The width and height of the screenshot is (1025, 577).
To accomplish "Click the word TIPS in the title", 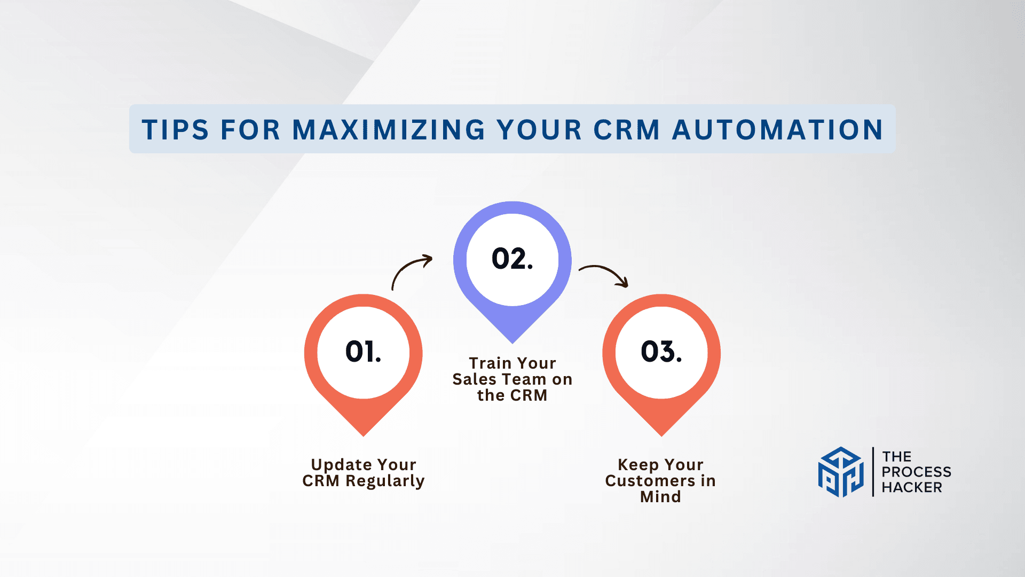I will click(175, 130).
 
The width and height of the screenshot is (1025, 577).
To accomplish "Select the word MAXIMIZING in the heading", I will click(389, 130).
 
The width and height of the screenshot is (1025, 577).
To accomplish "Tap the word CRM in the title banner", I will click(627, 130).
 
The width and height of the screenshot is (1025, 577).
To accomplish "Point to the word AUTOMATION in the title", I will click(777, 130).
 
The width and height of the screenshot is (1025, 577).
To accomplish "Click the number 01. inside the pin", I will click(363, 352).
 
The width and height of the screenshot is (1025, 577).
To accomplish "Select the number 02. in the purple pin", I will click(512, 259).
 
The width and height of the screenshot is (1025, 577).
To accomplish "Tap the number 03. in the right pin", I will click(661, 352).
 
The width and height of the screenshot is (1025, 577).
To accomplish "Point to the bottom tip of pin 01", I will click(363, 433).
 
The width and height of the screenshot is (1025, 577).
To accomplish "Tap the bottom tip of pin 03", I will click(661, 433).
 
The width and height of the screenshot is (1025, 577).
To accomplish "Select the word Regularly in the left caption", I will click(385, 481).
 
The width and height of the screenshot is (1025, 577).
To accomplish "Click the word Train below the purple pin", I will click(490, 363).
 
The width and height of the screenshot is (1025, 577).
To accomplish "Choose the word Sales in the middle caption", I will click(474, 379).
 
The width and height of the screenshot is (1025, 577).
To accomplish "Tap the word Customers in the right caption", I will click(650, 481).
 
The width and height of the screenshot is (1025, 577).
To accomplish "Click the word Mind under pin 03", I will click(660, 497).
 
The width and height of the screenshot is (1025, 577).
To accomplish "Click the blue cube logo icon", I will click(841, 472).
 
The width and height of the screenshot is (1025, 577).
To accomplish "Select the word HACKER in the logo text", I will click(911, 487).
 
